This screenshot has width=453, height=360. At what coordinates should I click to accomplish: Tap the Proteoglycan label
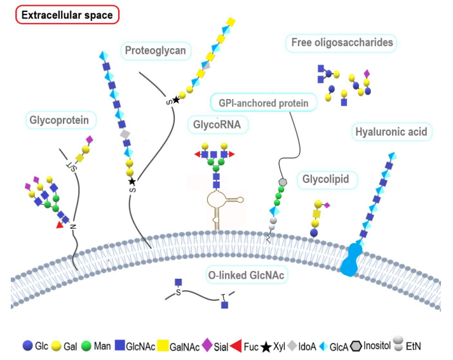156,50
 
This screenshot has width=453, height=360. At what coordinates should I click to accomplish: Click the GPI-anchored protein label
263,102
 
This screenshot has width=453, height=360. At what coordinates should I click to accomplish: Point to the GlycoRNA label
217,124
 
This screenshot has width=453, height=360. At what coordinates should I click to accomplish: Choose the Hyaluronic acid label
391,132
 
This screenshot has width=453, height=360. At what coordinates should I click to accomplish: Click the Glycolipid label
326,180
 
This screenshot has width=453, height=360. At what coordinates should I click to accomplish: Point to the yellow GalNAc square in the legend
162,346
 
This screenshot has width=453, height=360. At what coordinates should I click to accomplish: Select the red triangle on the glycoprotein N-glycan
60,223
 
